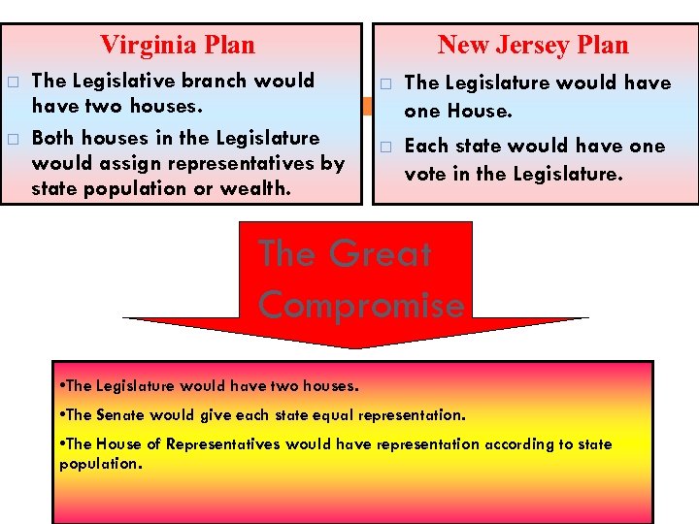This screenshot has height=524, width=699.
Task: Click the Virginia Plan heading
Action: [178, 45]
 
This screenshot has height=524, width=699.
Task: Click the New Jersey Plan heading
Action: [533, 45]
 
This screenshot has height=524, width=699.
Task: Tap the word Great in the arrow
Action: [380, 254]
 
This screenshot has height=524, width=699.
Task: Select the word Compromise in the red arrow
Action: [361, 305]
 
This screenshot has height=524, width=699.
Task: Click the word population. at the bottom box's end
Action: [100, 464]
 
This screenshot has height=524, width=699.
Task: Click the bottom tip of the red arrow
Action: [356, 347]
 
